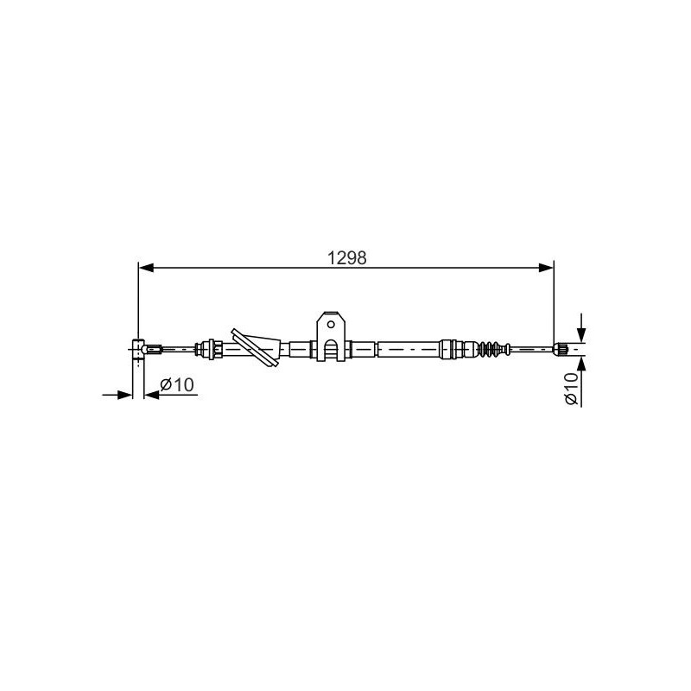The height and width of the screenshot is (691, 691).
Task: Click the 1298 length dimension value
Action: [347, 257]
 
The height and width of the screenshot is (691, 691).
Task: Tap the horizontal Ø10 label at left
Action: [177, 384]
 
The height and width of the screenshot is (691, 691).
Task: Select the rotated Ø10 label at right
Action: [571, 388]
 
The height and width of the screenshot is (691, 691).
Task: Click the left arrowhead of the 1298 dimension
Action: [146, 268]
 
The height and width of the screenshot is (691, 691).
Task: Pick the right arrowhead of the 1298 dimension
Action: [546, 268]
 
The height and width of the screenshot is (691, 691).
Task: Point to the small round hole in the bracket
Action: [331, 324]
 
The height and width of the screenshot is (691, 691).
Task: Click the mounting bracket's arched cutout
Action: [331, 351]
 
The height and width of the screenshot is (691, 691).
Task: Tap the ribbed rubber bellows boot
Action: [491, 348]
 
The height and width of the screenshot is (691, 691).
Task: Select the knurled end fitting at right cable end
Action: [561, 349]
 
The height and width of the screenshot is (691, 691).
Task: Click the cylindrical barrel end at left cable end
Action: [138, 352]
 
